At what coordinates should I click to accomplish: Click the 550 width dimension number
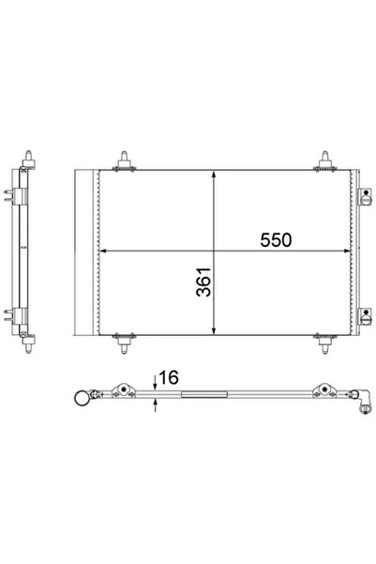[276, 240]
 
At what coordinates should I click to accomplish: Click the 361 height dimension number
[203, 282]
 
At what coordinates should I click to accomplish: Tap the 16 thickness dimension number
[168, 377]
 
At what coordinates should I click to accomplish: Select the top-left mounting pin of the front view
[125, 160]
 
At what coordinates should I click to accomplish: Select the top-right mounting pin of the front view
[325, 160]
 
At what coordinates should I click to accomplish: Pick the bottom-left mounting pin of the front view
[125, 343]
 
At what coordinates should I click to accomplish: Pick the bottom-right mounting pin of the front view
[325, 343]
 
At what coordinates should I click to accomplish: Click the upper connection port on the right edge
[365, 196]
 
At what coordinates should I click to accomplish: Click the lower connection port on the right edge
[365, 316]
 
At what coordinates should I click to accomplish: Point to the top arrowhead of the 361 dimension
[214, 175]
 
